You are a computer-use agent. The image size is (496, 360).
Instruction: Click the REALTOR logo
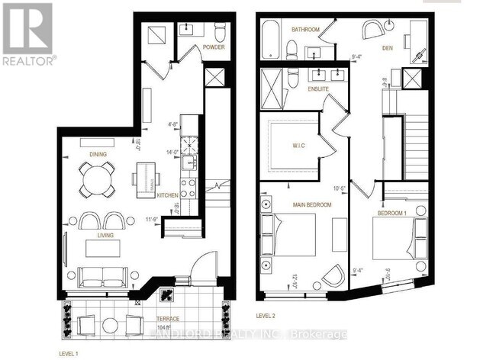[28, 34]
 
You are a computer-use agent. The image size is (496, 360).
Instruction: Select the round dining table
[96, 181]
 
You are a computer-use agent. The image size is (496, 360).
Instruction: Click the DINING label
[97, 155]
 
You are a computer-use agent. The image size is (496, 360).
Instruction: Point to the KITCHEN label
[167, 196]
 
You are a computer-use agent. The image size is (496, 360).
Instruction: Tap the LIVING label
[105, 236]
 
